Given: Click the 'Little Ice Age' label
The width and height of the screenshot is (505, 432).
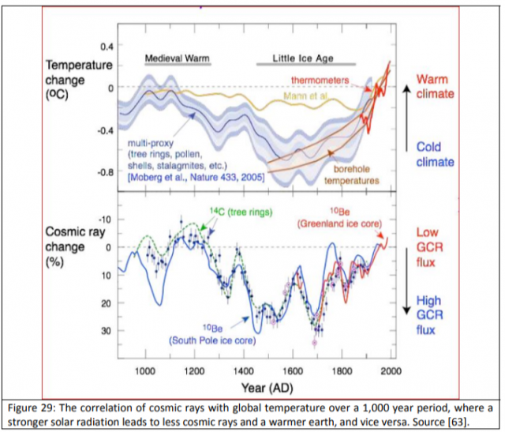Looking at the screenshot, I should pyautogui.click(x=305, y=58).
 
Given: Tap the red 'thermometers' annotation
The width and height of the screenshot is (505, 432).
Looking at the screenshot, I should pyautogui.click(x=321, y=81).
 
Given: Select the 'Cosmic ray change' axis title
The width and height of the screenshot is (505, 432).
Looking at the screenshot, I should pyautogui.click(x=76, y=241).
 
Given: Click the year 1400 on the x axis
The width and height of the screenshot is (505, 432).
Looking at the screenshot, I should pyautogui.click(x=244, y=370).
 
